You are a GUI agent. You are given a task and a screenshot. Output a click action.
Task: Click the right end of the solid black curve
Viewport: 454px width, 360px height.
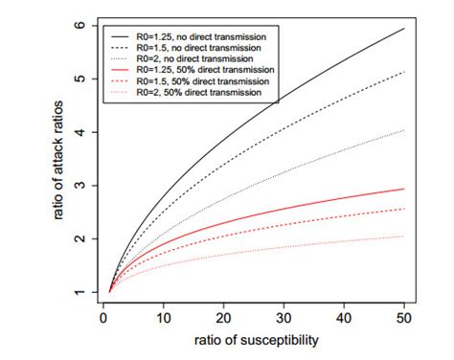(x=405, y=29)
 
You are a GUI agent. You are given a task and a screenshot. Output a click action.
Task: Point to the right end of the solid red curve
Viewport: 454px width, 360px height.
(x=405, y=189)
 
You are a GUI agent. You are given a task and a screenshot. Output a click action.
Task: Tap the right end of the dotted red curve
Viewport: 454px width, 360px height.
(x=405, y=236)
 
